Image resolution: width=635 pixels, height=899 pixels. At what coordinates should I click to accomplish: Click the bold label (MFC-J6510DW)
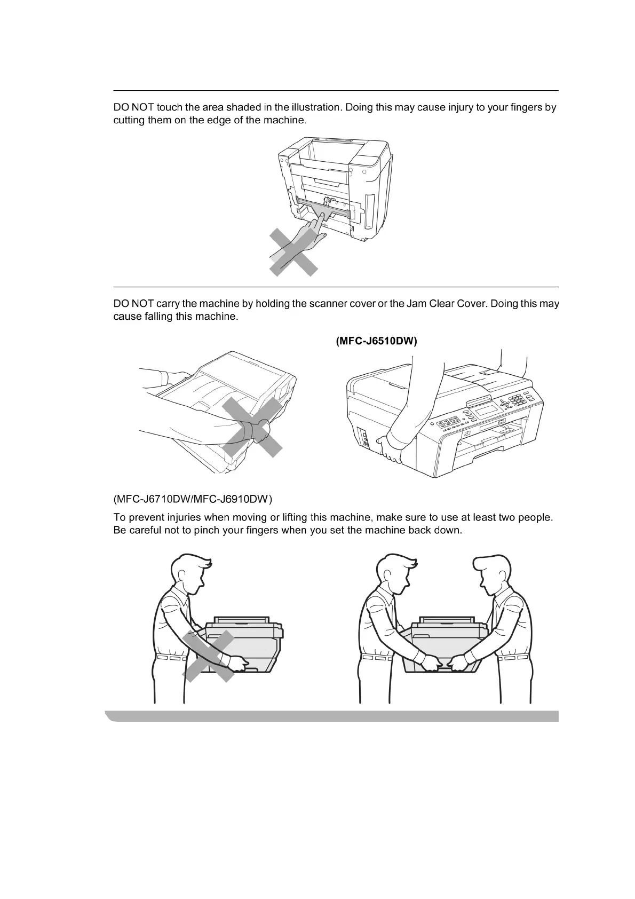pos(376,342)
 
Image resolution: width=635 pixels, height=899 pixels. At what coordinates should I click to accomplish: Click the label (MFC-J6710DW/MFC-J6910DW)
pos(193,500)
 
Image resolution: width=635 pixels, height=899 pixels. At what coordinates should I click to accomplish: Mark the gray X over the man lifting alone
pos(209,656)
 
